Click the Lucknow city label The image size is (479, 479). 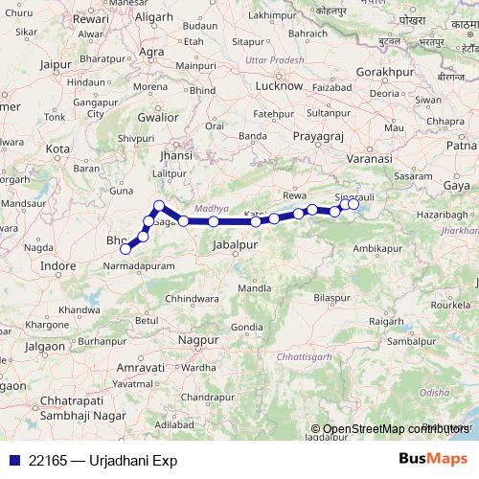pyautogui.click(x=279, y=85)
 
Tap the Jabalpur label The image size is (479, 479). pyautogui.click(x=237, y=245)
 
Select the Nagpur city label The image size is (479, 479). pyautogui.click(x=198, y=340)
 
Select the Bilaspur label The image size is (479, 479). pyautogui.click(x=332, y=298)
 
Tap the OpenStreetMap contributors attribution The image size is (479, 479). pyautogui.click(x=390, y=428)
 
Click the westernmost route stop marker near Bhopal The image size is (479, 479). pyautogui.click(x=125, y=249)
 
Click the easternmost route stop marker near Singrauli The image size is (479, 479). pyautogui.click(x=354, y=204)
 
